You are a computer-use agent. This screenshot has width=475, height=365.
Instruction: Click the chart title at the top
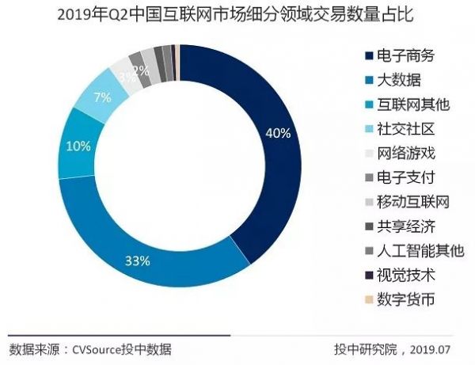[237, 15]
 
